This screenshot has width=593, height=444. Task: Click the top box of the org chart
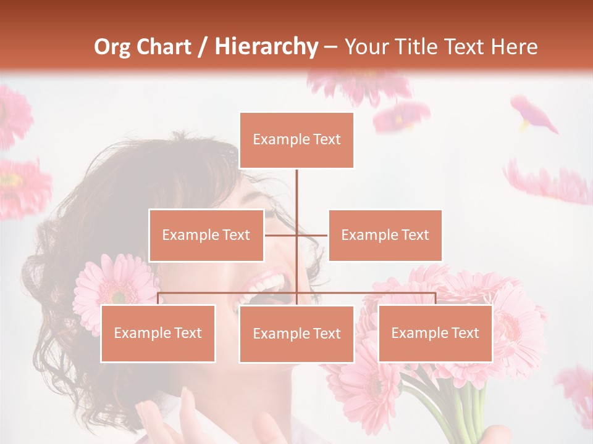click(296, 140)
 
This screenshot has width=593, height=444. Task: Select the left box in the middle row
click(206, 235)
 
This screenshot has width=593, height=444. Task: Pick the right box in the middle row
click(385, 235)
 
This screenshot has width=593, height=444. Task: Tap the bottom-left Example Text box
click(158, 333)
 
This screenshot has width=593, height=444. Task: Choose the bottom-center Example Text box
click(296, 334)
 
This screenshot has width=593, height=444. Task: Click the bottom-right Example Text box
click(435, 333)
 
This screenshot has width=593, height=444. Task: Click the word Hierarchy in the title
click(266, 47)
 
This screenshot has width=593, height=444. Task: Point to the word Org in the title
click(112, 47)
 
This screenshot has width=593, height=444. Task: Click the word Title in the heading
click(418, 47)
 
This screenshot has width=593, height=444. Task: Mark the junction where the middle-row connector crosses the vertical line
click(296, 235)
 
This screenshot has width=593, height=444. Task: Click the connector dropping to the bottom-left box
click(158, 298)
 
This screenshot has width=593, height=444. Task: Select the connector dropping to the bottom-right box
click(435, 298)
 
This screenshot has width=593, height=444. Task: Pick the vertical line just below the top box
click(296, 185)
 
